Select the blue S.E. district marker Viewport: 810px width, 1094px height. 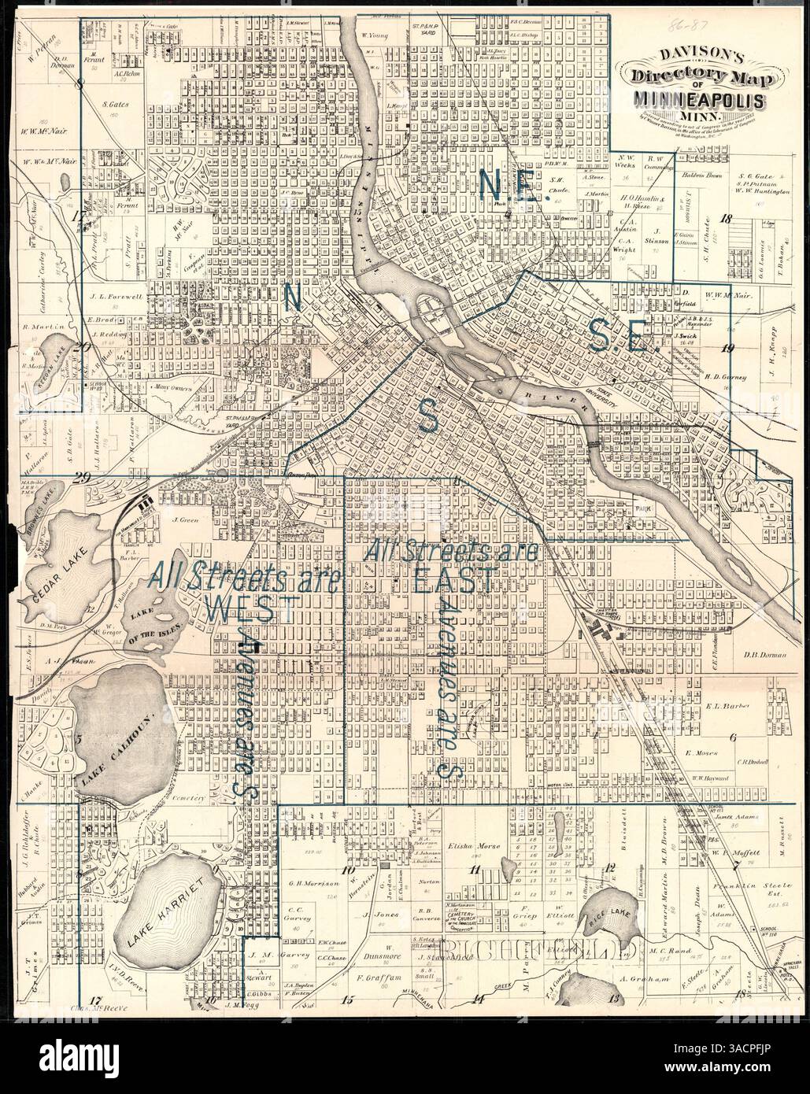(x=619, y=341)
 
